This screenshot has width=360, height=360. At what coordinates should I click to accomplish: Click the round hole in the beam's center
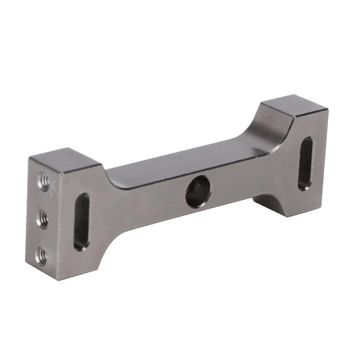coord(198,191)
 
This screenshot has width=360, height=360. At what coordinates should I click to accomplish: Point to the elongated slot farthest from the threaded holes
coord(305,164)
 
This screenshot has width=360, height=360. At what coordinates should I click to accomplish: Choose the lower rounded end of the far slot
coord(304,185)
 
